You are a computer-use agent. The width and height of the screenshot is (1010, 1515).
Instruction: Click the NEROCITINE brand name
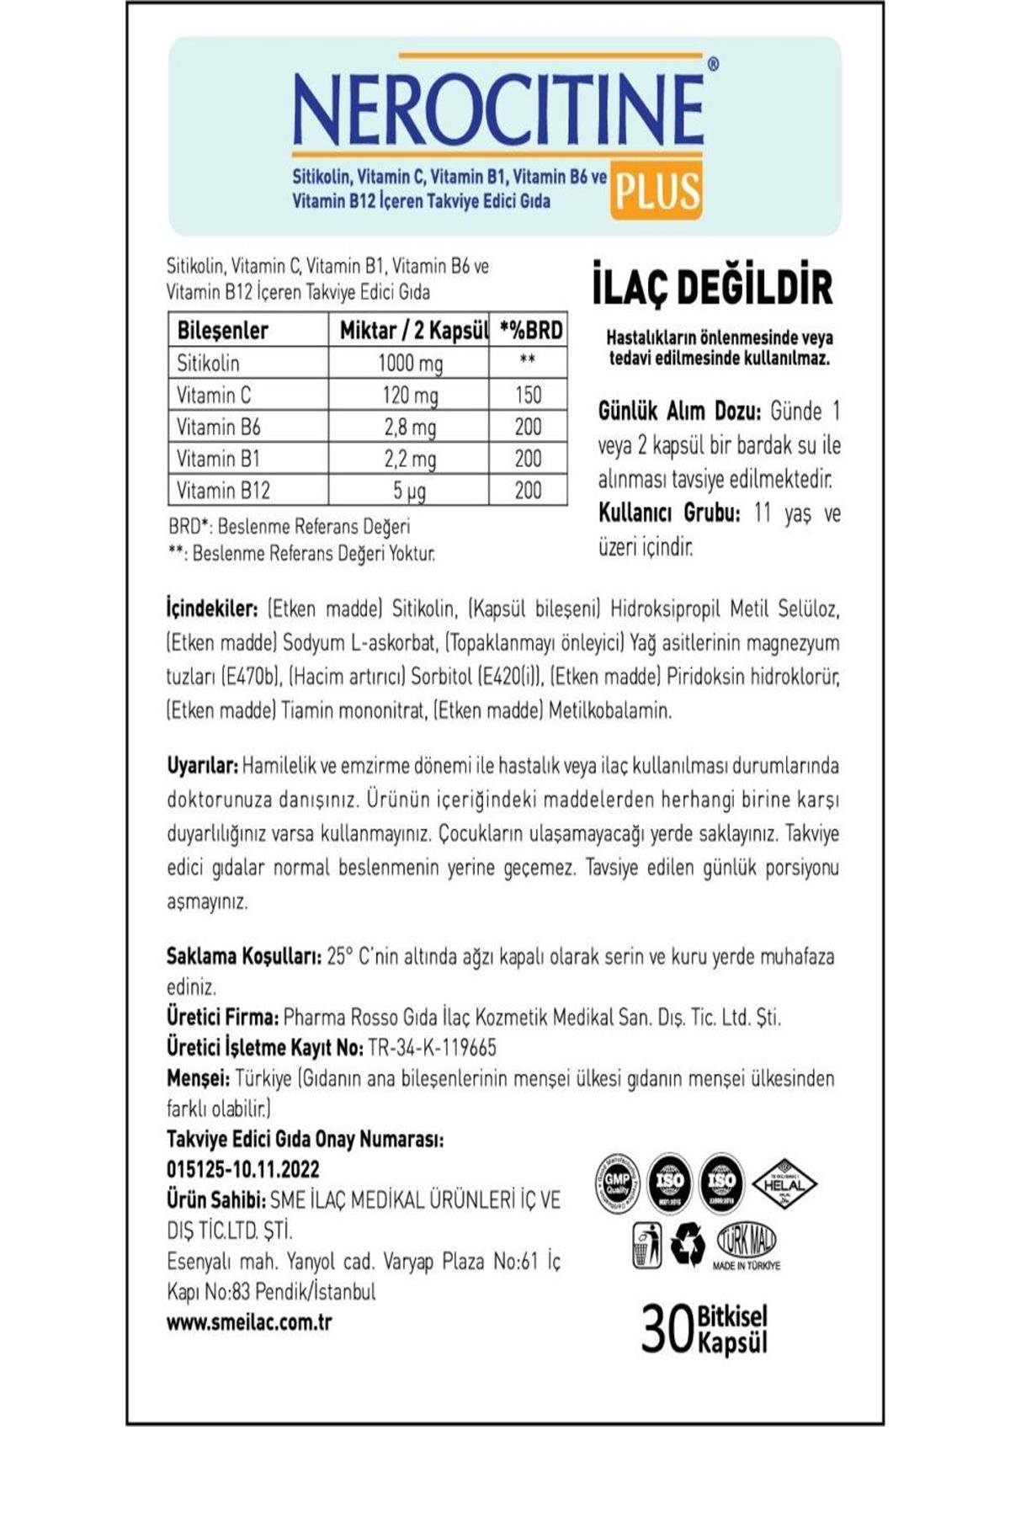point(498,109)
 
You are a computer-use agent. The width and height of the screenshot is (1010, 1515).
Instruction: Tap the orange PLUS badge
point(656,190)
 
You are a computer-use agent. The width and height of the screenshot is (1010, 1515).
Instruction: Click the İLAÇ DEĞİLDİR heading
point(713,287)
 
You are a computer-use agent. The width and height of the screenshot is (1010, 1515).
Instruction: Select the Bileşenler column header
point(222,330)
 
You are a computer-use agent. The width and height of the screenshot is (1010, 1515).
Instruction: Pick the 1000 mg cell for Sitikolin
point(409,363)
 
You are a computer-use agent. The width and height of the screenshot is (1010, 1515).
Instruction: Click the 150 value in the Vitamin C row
point(528,395)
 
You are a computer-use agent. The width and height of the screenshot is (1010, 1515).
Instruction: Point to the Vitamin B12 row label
point(223,490)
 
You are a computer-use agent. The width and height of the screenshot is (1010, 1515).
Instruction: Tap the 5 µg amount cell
point(409,490)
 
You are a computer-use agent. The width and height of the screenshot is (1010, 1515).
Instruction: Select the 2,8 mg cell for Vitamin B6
point(409,427)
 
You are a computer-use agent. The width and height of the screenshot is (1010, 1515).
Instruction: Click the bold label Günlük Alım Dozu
point(679,412)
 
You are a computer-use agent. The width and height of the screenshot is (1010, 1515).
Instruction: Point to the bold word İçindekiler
point(211,609)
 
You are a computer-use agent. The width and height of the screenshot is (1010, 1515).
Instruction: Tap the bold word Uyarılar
point(203,766)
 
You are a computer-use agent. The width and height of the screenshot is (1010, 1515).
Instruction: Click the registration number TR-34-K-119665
point(433,1047)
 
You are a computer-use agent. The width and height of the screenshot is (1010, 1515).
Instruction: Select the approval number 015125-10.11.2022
point(243,1169)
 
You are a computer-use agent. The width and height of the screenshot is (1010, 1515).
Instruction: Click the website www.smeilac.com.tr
point(249,1321)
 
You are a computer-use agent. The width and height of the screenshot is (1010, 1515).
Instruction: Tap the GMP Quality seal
point(617,1183)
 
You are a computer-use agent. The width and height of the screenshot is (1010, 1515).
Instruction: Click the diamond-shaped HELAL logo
point(784,1183)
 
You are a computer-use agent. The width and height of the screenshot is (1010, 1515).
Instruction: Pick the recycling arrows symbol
point(688,1244)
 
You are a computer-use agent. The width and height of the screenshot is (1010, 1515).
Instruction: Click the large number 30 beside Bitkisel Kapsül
point(667,1329)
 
